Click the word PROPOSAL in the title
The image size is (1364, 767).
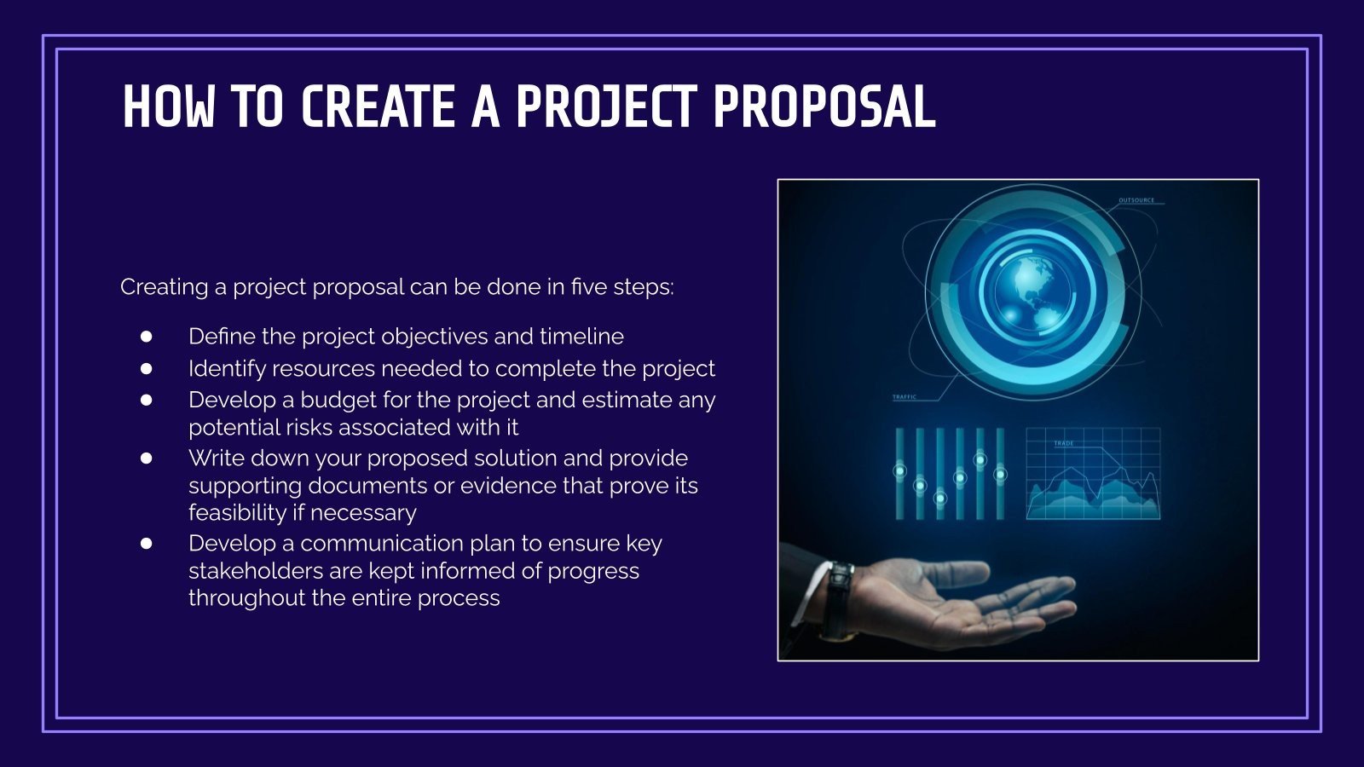tap(824, 108)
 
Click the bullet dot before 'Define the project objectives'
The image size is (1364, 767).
tap(147, 337)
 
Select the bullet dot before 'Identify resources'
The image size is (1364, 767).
tap(147, 368)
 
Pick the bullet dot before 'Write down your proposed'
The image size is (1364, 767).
tap(147, 458)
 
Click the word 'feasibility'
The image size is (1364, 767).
tap(238, 512)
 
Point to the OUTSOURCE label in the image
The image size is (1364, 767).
tap(1136, 200)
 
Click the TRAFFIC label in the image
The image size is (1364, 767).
tap(904, 397)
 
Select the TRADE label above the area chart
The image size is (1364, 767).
tap(1064, 443)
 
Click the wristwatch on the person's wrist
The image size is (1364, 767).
tap(840, 601)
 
